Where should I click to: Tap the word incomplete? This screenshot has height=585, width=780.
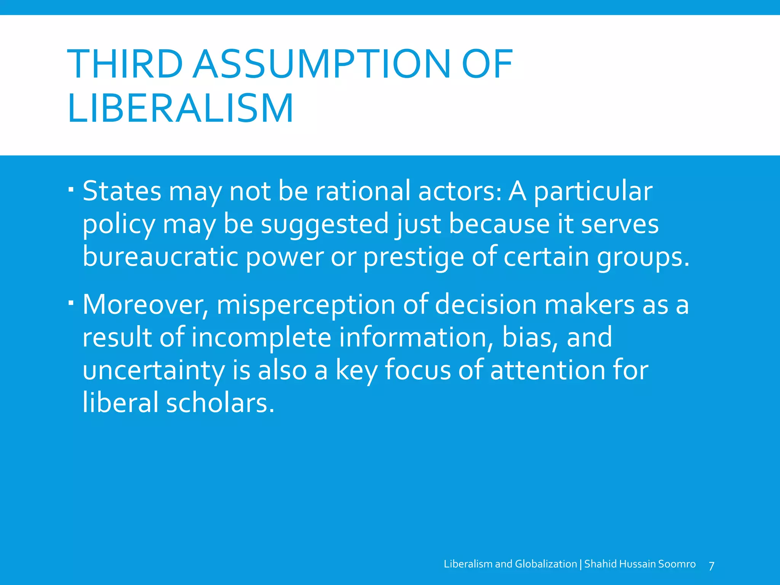tap(261, 338)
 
